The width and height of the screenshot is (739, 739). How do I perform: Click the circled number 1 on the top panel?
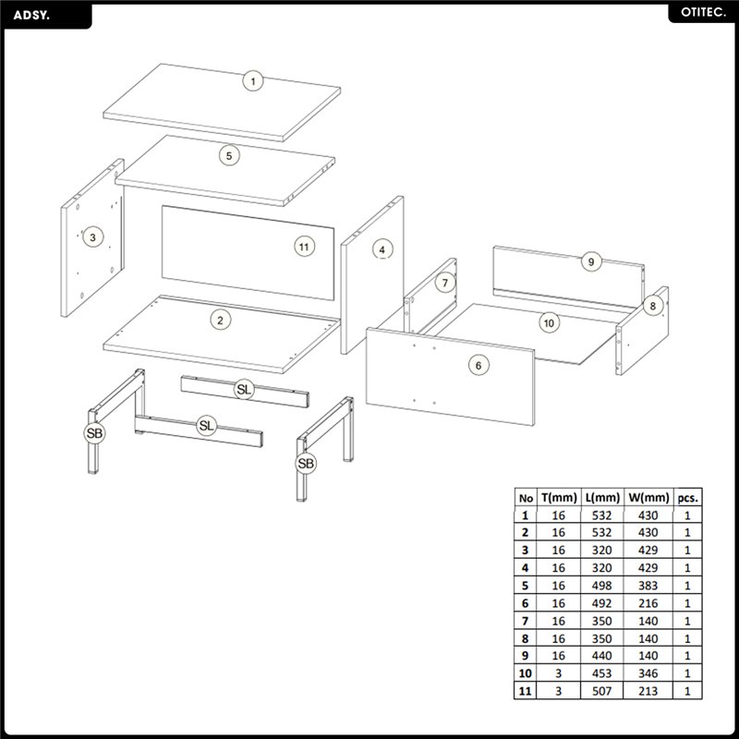(253, 81)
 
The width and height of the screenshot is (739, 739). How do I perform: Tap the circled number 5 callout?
(229, 155)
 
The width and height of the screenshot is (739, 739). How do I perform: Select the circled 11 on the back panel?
(305, 247)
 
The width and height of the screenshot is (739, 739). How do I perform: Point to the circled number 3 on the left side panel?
(92, 237)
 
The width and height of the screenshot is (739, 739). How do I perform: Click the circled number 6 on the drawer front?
(479, 365)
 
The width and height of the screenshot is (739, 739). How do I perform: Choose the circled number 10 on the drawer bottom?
(549, 322)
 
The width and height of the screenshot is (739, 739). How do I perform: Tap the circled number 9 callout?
(591, 261)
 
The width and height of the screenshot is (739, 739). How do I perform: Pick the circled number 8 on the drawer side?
(653, 306)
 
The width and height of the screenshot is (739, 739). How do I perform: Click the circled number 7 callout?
(445, 283)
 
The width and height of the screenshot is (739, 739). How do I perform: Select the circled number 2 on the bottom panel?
(220, 321)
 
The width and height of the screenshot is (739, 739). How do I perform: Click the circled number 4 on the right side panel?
(382, 249)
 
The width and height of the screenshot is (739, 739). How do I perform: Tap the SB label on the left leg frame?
(94, 433)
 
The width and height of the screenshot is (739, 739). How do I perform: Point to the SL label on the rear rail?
(244, 389)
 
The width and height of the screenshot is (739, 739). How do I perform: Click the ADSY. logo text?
(31, 15)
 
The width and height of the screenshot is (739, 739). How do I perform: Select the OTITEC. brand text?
(703, 13)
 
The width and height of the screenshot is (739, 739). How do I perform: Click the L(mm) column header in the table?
(602, 498)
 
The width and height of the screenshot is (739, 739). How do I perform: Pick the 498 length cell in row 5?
(602, 586)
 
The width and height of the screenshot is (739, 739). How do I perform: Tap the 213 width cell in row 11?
(648, 691)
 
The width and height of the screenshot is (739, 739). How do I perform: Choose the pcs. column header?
(687, 498)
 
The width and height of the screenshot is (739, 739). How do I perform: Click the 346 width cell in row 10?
(648, 673)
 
